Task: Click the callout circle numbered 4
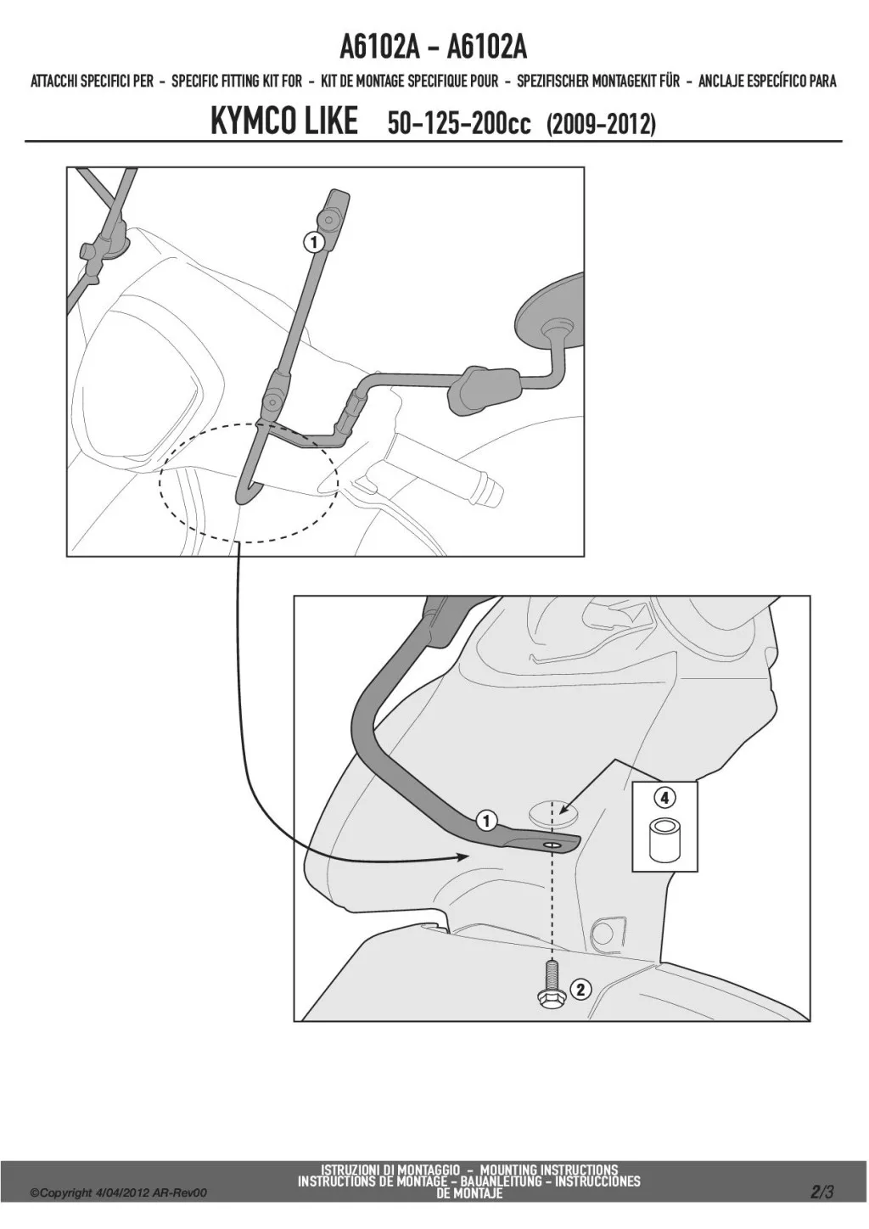664,799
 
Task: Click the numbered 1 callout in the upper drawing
314,242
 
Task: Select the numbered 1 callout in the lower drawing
486,822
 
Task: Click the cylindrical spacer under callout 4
664,840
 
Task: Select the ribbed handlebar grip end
486,486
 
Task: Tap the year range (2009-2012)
601,125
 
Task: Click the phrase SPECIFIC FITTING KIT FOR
237,81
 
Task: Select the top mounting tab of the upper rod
337,210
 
